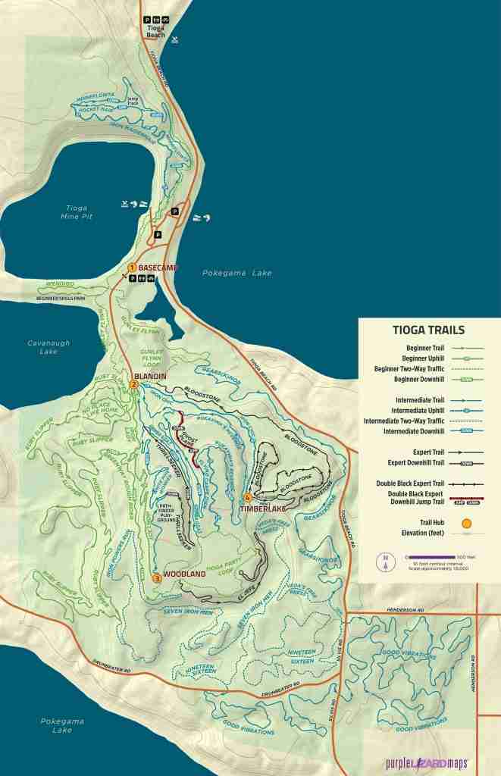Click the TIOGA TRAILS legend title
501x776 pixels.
point(429,330)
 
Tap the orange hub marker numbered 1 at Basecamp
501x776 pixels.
point(132,268)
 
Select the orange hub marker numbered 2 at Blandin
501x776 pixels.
point(133,385)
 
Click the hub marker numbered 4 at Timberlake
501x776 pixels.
point(247,498)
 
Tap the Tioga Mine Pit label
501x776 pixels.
point(77,212)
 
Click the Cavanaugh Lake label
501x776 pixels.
point(49,347)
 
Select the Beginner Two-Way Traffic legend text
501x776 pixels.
point(402,368)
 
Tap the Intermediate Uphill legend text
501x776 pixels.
point(409,410)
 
